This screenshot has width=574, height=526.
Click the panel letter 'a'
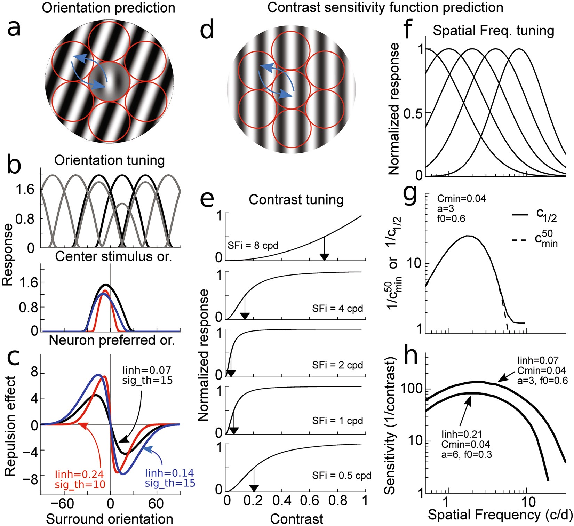[19, 27]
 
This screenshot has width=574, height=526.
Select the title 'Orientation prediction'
[109, 8]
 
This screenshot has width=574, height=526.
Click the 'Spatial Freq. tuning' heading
[493, 31]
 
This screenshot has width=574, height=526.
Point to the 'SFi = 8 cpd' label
[253, 246]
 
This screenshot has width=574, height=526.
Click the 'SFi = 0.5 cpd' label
[342, 476]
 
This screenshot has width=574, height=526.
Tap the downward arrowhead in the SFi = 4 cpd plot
[245, 316]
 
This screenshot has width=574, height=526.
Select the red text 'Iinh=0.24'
[80, 474]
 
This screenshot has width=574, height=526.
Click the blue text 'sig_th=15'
[170, 483]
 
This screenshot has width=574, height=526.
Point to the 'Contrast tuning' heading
[296, 200]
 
